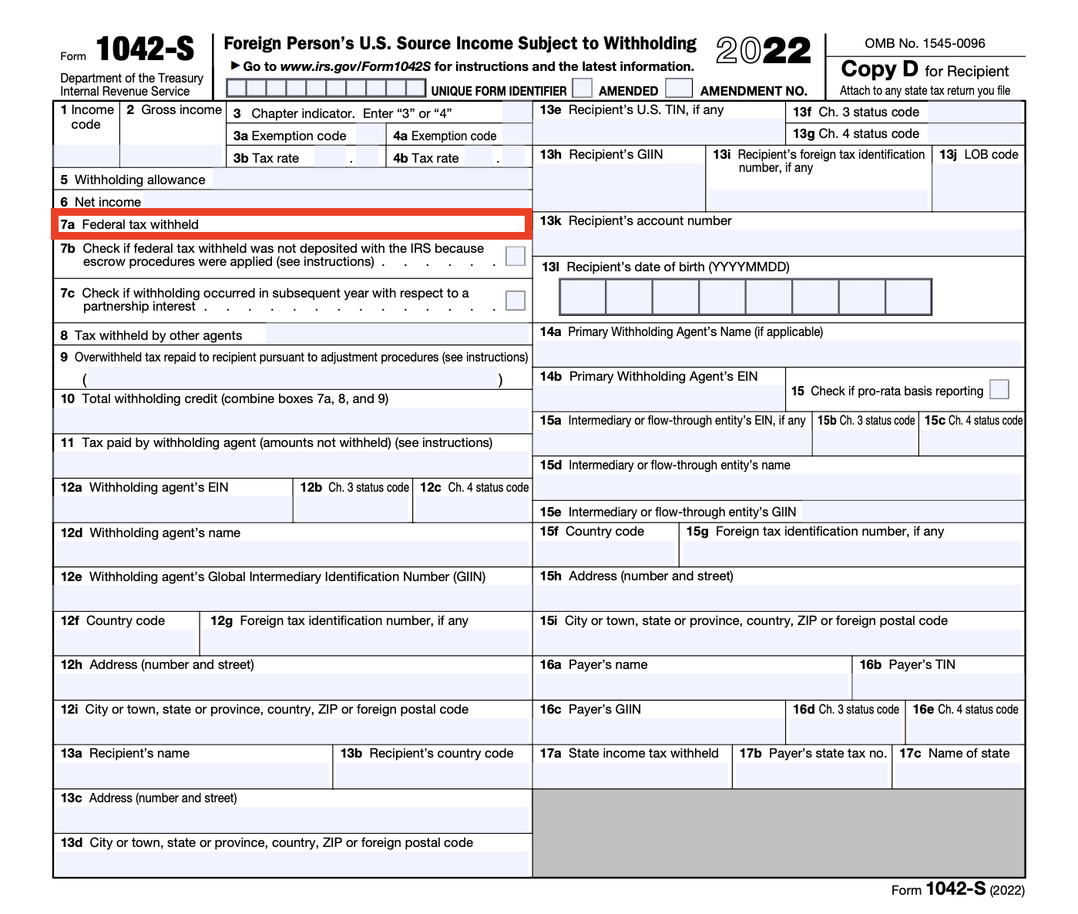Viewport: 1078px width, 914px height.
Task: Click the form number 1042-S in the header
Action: click(145, 50)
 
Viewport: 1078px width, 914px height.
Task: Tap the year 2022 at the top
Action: click(763, 51)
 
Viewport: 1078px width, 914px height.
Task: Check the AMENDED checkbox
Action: click(583, 88)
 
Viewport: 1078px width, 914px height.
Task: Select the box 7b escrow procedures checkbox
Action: click(515, 256)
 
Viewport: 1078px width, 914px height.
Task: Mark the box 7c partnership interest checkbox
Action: click(515, 301)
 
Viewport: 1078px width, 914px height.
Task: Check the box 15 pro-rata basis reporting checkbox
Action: click(999, 390)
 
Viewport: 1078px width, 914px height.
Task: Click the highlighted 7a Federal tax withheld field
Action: click(291, 224)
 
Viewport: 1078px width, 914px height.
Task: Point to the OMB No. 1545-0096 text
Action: click(925, 43)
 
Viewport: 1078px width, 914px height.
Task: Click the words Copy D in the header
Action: click(879, 69)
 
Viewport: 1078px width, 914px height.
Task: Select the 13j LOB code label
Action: click(979, 155)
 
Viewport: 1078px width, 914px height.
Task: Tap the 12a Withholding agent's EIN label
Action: click(145, 488)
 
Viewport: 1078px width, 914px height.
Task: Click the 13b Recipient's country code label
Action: click(427, 754)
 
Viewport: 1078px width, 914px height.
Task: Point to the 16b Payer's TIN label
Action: click(907, 665)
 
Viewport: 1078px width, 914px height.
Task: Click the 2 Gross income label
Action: click(174, 110)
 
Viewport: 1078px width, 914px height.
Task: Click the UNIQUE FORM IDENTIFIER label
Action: click(499, 91)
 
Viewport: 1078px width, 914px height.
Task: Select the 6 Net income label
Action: click(101, 203)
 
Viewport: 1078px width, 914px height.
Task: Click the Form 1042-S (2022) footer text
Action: click(958, 889)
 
